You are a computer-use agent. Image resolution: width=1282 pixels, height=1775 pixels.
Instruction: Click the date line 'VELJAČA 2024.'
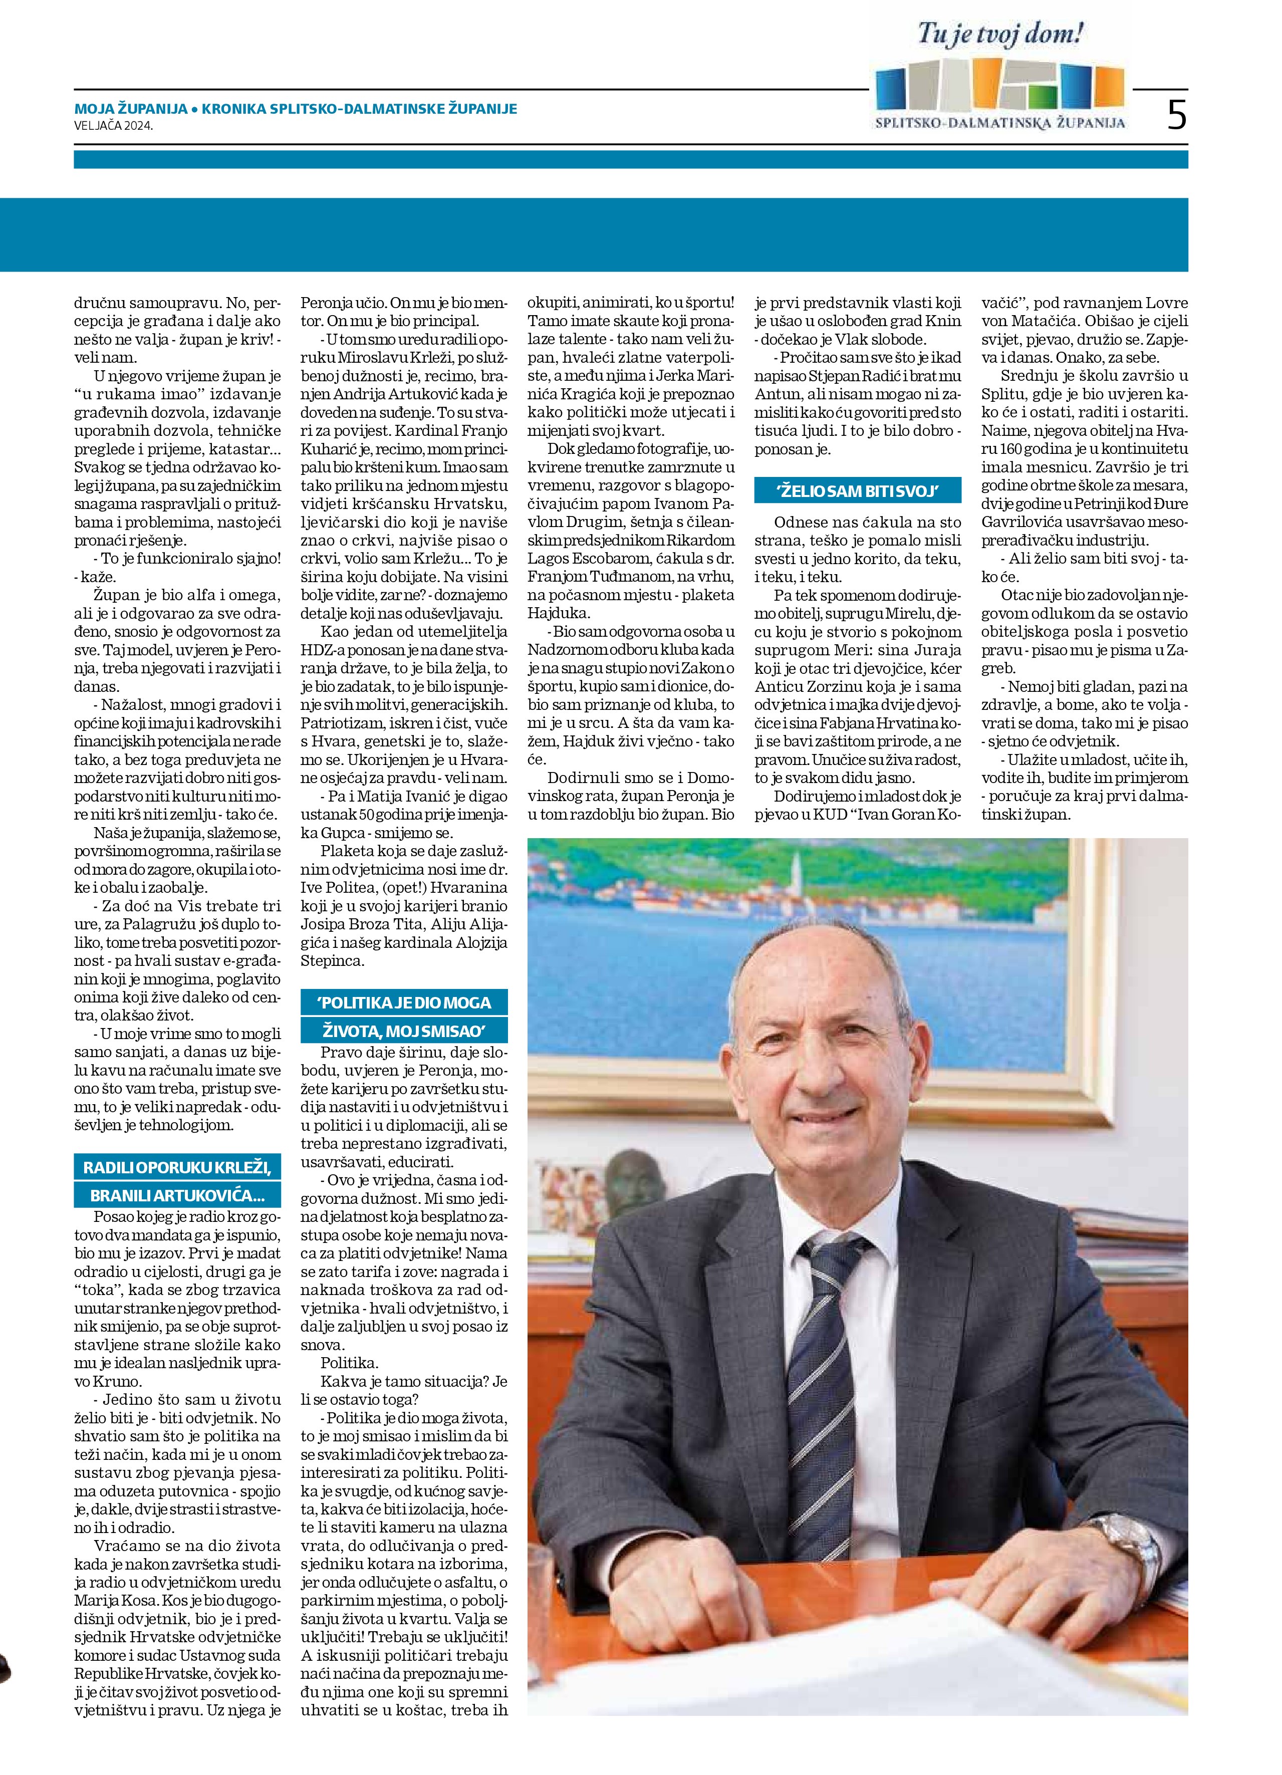pyautogui.click(x=114, y=124)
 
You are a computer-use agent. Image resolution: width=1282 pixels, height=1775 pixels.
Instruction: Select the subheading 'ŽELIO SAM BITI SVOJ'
pyautogui.click(x=857, y=490)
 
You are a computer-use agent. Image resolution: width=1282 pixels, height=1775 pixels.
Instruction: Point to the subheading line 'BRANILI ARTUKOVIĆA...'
pyautogui.click(x=177, y=1195)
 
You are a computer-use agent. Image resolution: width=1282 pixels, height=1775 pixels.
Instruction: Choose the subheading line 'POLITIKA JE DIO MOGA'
pyautogui.click(x=404, y=1002)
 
